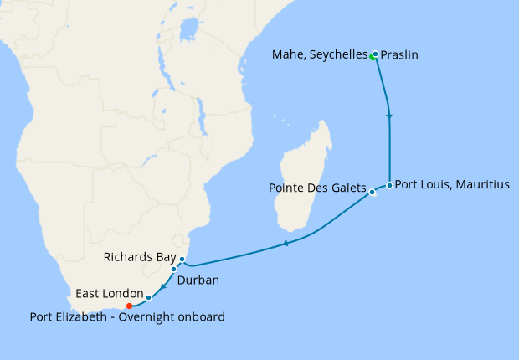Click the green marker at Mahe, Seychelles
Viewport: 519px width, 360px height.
point(373,57)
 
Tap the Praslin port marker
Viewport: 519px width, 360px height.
point(376,54)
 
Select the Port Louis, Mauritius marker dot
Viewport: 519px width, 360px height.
point(389,185)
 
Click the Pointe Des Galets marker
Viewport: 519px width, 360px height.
point(373,192)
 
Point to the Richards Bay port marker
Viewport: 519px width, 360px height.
point(182,260)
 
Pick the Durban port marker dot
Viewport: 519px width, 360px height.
point(174,270)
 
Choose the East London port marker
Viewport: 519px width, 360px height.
point(148,297)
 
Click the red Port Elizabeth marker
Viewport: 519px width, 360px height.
point(129,306)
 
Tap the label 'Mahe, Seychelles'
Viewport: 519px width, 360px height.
point(320,55)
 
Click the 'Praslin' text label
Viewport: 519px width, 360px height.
point(399,55)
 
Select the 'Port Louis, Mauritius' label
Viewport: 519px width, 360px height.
point(451,184)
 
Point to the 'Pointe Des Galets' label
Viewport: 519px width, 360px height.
point(316,187)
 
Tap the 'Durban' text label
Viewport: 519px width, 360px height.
point(198,280)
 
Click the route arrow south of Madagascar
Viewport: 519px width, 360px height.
point(285,244)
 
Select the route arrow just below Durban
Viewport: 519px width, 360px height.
point(163,285)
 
